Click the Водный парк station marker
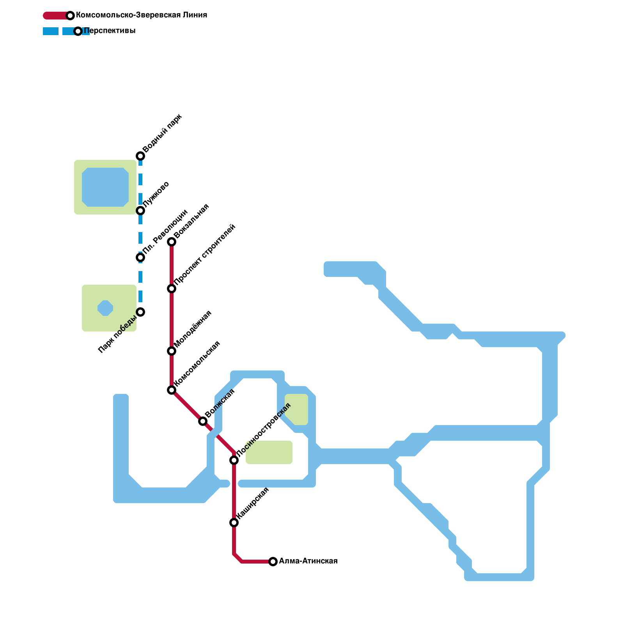[x=140, y=156]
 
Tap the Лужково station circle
[x=140, y=211]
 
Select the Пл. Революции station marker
[x=140, y=257]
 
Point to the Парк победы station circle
[x=140, y=312]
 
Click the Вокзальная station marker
[x=172, y=242]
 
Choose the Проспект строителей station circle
[x=172, y=289]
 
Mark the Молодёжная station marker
[x=172, y=351]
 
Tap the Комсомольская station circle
[x=172, y=390]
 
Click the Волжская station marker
[x=203, y=421]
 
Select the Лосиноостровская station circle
[x=234, y=460]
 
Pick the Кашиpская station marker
[x=234, y=523]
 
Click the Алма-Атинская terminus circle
[x=273, y=562]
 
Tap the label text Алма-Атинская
[x=308, y=561]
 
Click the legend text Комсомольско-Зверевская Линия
[x=142, y=15]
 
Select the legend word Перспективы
[x=110, y=31]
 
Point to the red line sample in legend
[x=57, y=16]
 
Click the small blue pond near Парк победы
[x=105, y=308]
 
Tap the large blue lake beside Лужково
[x=105, y=187]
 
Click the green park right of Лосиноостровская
[x=269, y=452]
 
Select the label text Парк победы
[x=117, y=334]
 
